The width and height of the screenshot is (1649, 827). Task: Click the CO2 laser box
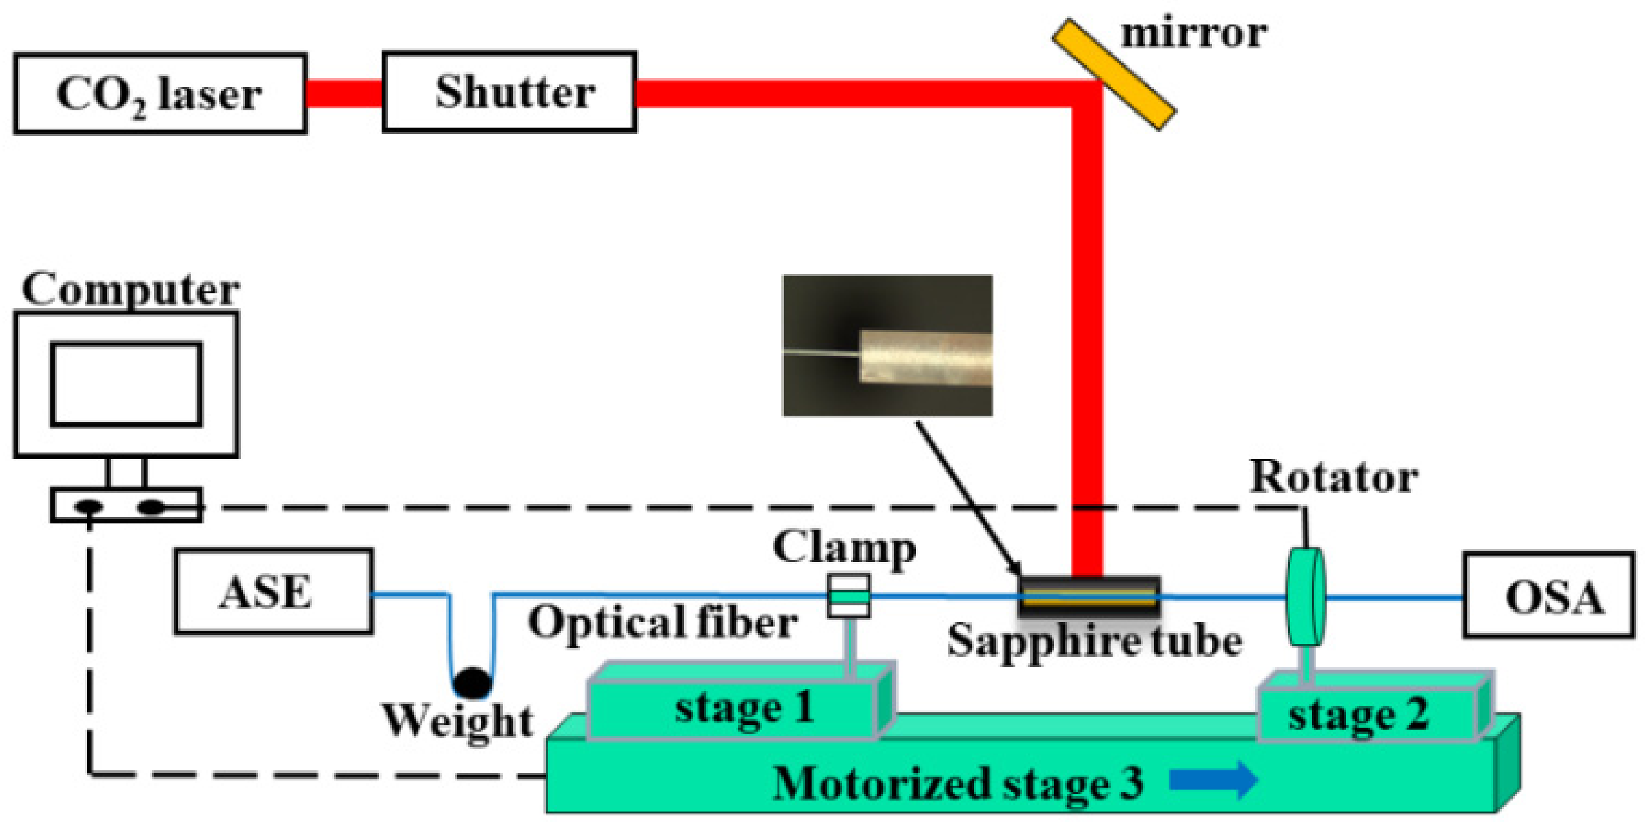pos(160,94)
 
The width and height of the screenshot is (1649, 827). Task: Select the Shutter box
pos(509,92)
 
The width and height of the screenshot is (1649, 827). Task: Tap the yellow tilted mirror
pos(1115,75)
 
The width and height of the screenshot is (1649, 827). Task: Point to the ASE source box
pos(273,592)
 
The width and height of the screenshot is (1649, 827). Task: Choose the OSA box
pos(1548,596)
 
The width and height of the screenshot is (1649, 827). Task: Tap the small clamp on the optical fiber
pos(848,596)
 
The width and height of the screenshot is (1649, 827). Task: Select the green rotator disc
pos(1306,596)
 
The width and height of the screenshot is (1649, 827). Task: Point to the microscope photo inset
pos(888,345)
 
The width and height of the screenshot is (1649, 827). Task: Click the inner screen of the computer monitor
pos(126,385)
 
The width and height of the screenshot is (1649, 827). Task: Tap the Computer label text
pos(131,289)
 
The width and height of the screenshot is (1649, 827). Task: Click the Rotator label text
pos(1333,477)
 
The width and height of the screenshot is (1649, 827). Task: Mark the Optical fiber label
pos(663,623)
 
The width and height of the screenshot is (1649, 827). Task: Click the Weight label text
pos(458,721)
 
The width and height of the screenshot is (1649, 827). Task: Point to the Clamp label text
pos(844,548)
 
